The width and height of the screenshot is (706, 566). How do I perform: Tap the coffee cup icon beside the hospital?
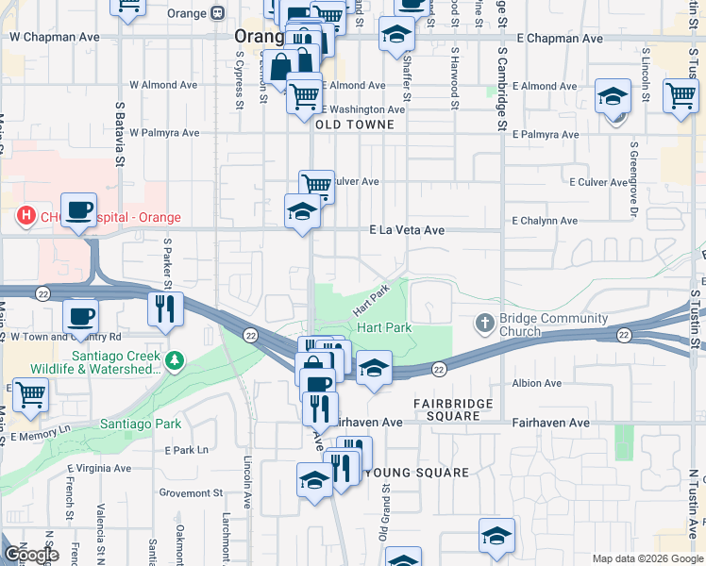click(x=79, y=209)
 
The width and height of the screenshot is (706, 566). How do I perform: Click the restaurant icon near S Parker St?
click(x=166, y=308)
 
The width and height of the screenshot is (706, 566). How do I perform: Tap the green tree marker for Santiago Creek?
click(x=174, y=360)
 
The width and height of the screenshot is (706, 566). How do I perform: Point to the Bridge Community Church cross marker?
click(x=485, y=324)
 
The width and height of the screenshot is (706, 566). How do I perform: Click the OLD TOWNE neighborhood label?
click(x=360, y=125)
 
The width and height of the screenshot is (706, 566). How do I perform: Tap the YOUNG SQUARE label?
click(x=416, y=473)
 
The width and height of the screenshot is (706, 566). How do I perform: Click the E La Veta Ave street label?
click(x=407, y=230)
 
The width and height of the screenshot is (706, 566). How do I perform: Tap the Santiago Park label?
click(x=141, y=424)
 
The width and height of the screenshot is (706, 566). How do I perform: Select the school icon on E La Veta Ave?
click(x=302, y=210)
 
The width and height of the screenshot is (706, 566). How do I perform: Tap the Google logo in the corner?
click(x=31, y=555)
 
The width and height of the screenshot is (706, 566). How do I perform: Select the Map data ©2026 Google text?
click(x=647, y=558)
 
